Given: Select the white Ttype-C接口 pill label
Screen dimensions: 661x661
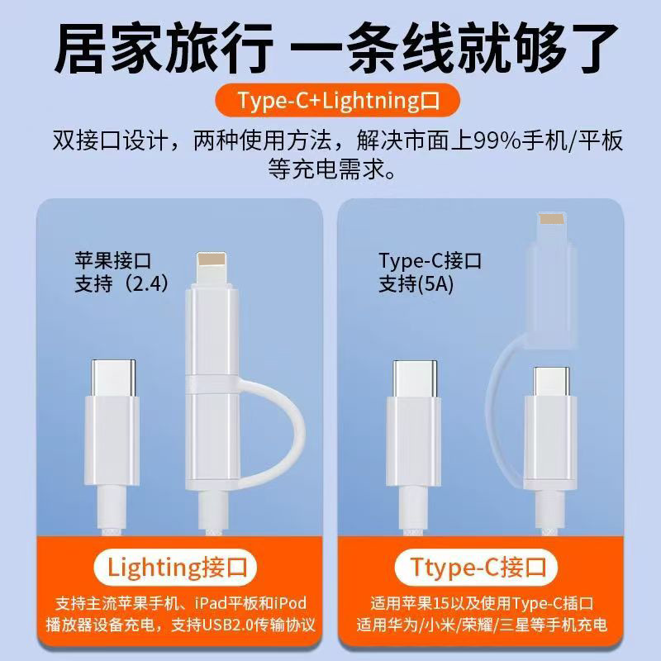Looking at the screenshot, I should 481,568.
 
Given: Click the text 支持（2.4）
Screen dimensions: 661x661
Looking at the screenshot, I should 122,283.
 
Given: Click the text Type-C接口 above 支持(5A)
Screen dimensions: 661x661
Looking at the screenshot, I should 430,262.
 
